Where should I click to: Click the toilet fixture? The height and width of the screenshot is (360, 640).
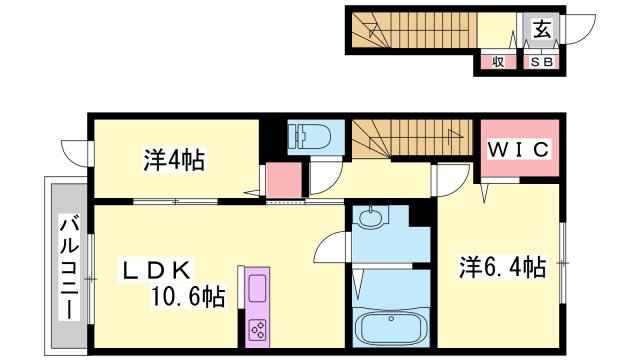tap(309, 136)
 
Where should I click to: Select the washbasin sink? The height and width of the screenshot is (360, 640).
tap(370, 215)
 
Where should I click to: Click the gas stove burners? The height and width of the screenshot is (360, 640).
tap(258, 329)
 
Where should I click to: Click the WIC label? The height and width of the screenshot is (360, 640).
tap(519, 150)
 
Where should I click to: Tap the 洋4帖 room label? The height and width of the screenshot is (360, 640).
tap(174, 160)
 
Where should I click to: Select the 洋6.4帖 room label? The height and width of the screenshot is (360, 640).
tap(502, 267)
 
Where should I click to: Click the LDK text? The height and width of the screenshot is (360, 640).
tap(155, 270)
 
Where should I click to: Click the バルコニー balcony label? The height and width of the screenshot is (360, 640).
tap(69, 267)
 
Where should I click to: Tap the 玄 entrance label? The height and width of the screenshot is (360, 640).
tap(542, 29)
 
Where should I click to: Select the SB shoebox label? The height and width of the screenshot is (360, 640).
tap(542, 62)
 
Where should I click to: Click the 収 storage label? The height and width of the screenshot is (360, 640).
tap(498, 62)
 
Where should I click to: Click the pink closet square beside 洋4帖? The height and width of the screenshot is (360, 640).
tap(284, 180)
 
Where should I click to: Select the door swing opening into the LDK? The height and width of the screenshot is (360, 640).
tap(331, 247)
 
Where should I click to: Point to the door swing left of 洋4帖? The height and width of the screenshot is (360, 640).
tap(77, 153)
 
